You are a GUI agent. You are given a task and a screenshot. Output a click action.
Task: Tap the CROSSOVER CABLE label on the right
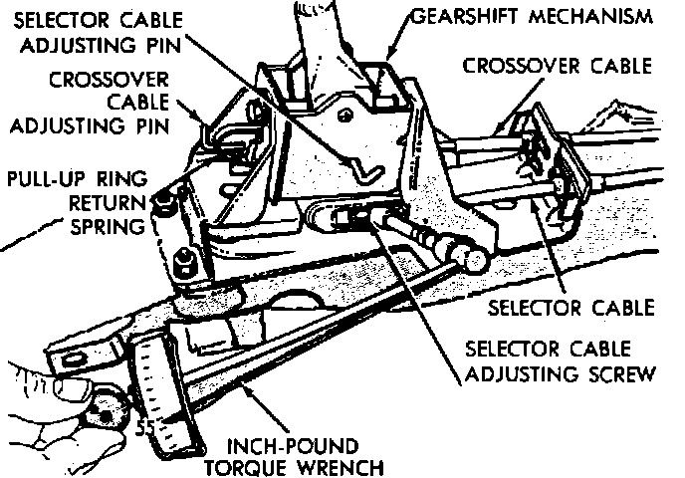pos(558,66)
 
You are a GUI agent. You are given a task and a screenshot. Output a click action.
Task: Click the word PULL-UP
pos(44,181)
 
